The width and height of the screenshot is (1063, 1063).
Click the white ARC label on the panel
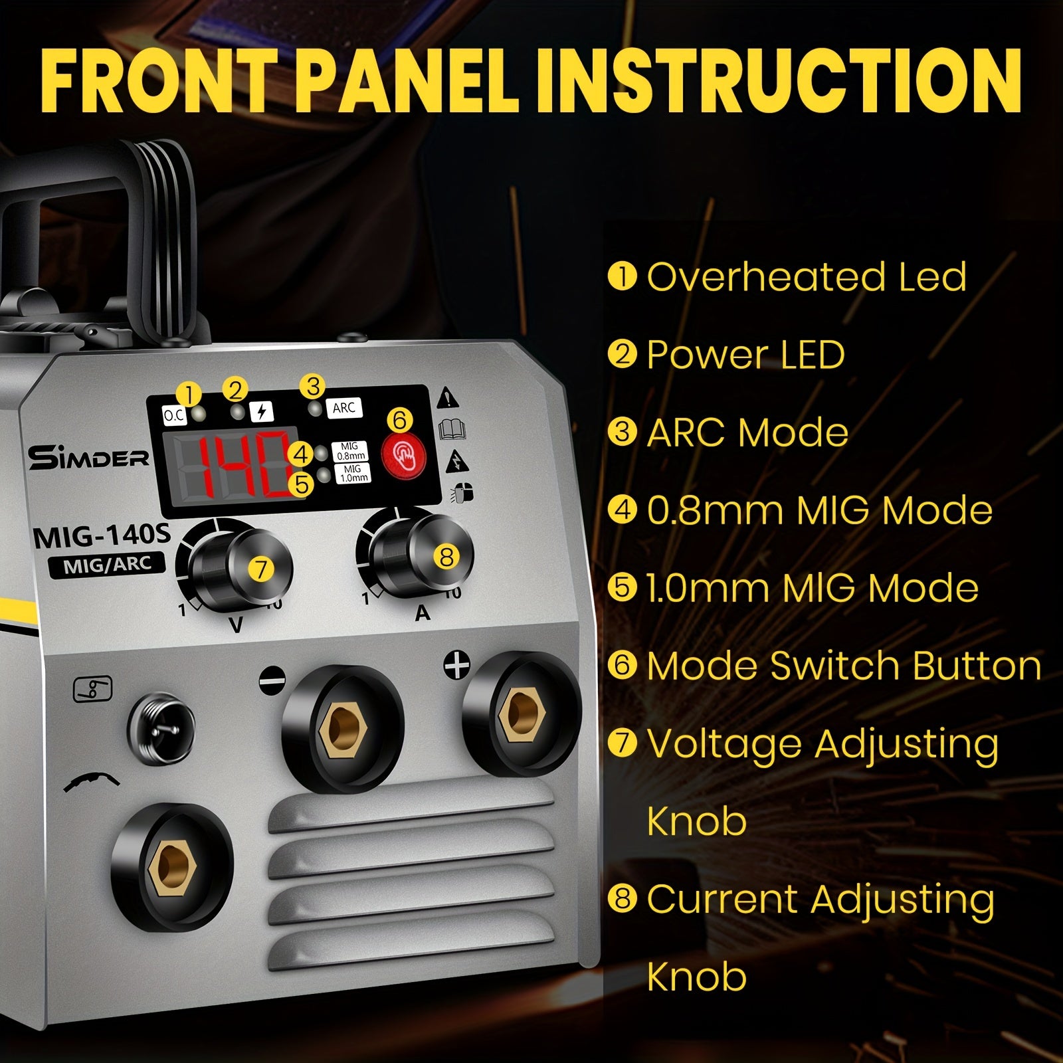tap(344, 408)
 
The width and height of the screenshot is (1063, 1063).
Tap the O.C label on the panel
tap(174, 417)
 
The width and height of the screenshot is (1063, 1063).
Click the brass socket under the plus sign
tap(522, 718)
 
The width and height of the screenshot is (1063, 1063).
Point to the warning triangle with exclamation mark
tap(449, 397)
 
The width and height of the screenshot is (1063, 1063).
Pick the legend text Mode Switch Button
tap(844, 666)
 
